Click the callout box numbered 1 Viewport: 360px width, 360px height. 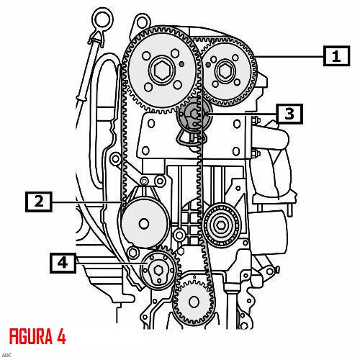(x=336, y=56)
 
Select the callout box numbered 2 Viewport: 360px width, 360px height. (x=39, y=202)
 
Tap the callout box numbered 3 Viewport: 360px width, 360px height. (x=289, y=114)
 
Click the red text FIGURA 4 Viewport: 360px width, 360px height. (x=37, y=336)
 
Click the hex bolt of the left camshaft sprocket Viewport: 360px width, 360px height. (x=162, y=71)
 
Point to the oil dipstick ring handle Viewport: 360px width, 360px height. (x=103, y=19)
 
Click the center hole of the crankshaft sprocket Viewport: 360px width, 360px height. (x=194, y=302)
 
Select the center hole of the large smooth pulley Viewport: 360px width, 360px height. (x=144, y=224)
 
